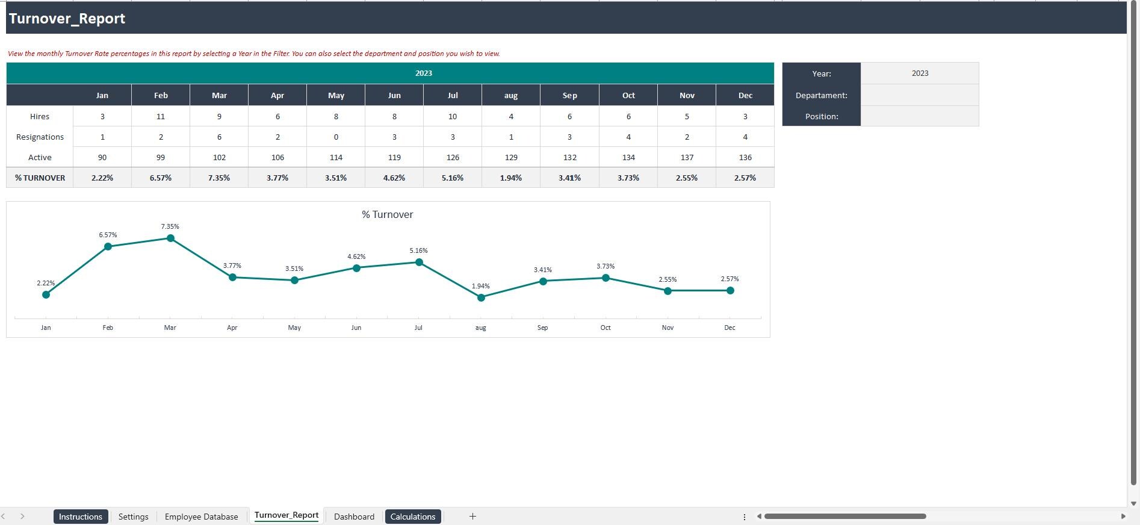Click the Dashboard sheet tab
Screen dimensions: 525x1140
point(354,517)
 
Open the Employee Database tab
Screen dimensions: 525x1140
point(201,517)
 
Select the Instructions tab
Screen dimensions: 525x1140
point(81,517)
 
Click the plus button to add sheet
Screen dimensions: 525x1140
point(472,516)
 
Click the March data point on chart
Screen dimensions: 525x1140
point(170,238)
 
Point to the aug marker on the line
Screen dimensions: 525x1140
point(481,297)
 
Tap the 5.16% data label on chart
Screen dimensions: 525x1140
point(418,250)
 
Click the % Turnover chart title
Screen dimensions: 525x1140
point(387,214)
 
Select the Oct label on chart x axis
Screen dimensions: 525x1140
point(606,328)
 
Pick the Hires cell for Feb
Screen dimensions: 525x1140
point(161,116)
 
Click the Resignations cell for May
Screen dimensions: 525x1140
point(336,137)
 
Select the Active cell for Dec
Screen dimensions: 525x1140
point(745,157)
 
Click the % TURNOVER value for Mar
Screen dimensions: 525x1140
point(219,178)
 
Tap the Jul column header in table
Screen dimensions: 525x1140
point(453,95)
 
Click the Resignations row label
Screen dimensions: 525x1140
point(40,137)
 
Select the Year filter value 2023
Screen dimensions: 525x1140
point(920,73)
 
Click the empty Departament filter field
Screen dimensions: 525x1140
point(920,95)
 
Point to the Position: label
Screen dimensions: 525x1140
point(822,116)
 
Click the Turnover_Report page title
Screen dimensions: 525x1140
point(67,19)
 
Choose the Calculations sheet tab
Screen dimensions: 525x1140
point(413,517)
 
